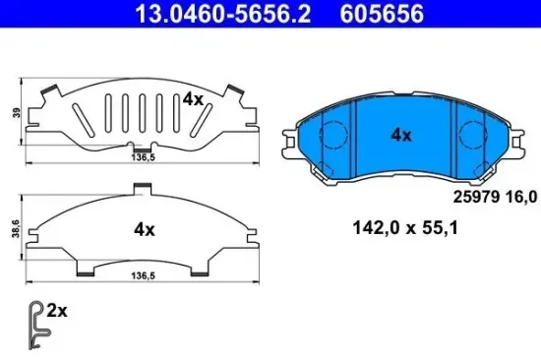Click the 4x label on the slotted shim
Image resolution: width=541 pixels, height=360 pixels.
coord(192,98)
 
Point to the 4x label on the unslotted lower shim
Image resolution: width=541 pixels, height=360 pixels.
coord(145,229)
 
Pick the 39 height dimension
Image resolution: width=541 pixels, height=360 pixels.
coord(11,113)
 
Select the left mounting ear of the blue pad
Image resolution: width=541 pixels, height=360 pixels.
coord(291,143)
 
